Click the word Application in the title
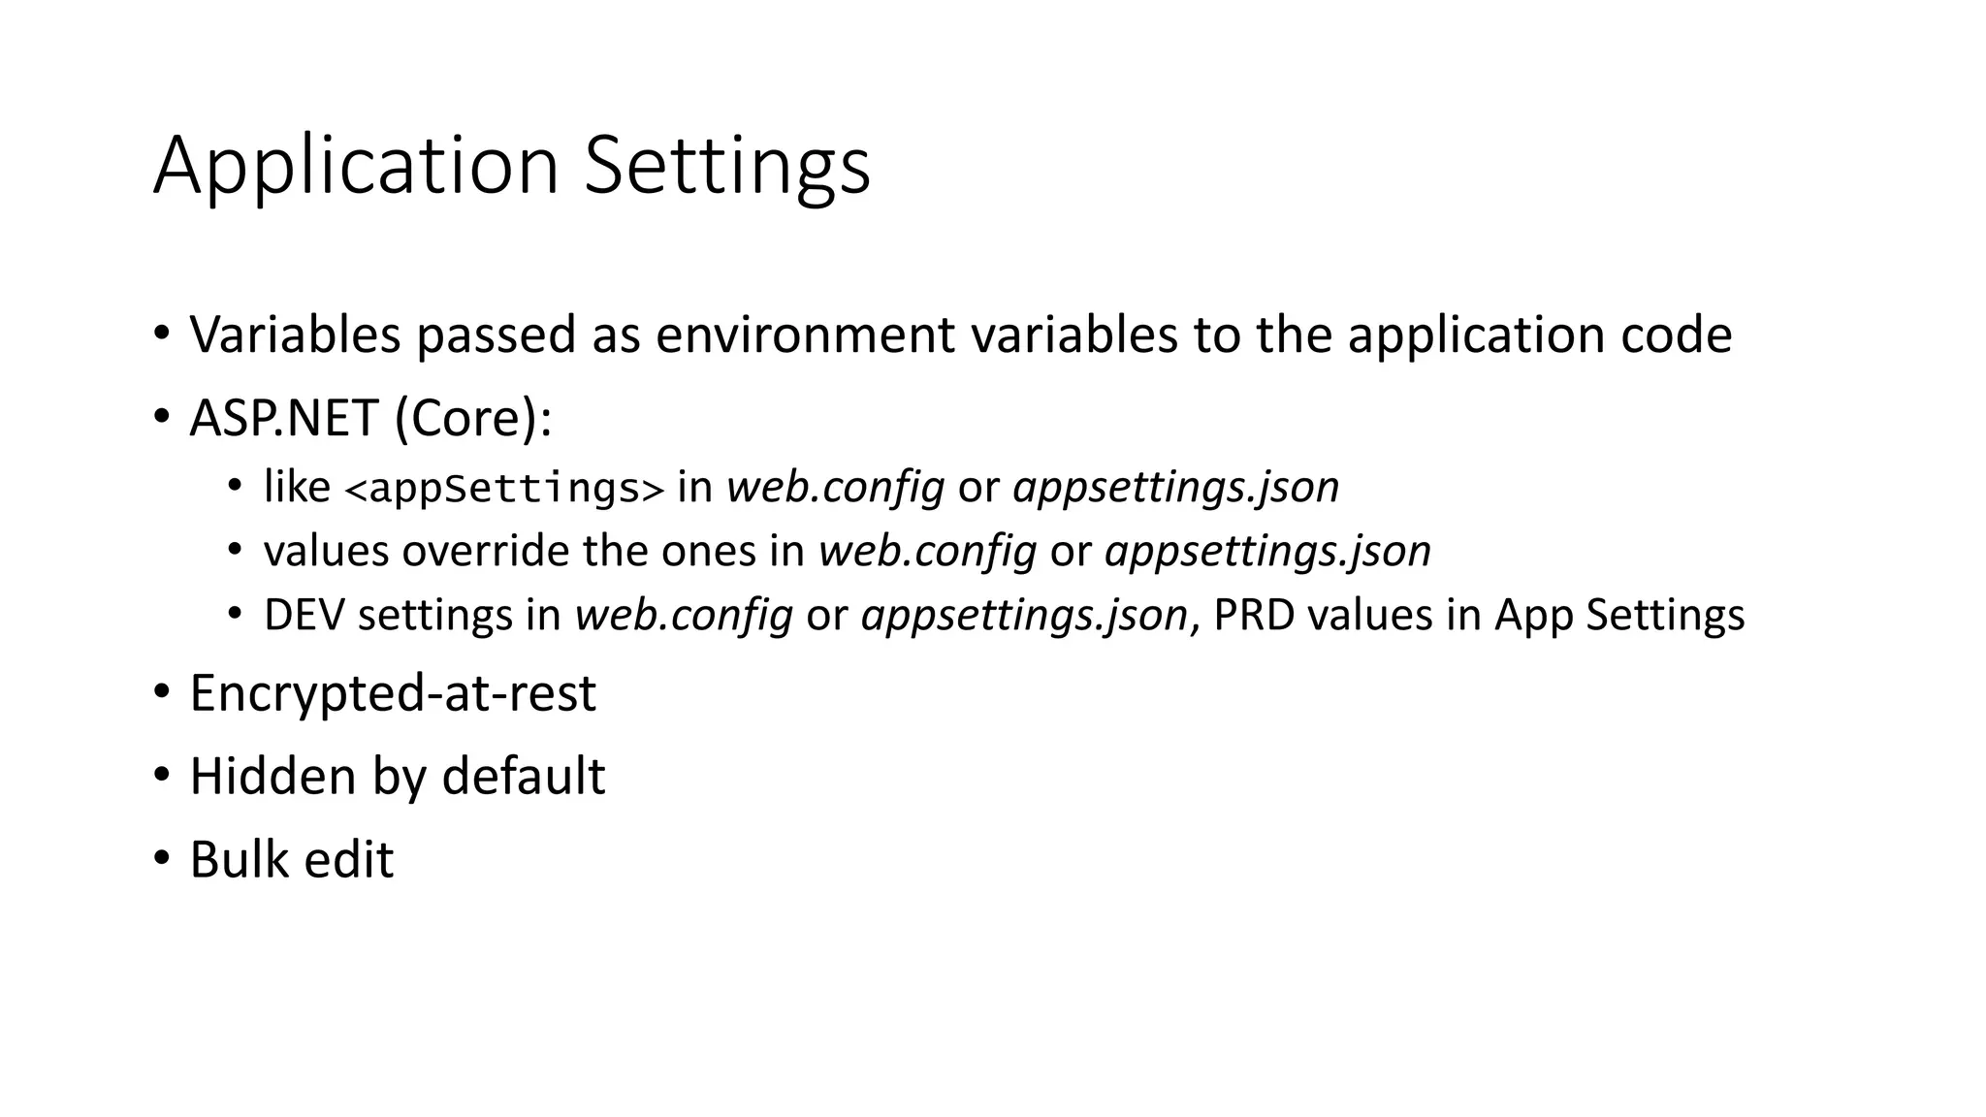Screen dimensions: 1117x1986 356,167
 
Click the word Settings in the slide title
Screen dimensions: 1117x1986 727,167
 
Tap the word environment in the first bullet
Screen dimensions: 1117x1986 806,335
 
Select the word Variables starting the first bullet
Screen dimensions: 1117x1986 295,335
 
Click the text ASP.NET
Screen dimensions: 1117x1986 283,419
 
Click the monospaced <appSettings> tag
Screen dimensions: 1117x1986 504,488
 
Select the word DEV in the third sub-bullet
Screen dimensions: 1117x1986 304,615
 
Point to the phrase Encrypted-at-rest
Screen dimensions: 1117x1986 393,693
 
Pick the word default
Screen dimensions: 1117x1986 524,777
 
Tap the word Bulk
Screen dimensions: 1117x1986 239,860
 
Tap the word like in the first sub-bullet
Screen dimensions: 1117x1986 297,487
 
